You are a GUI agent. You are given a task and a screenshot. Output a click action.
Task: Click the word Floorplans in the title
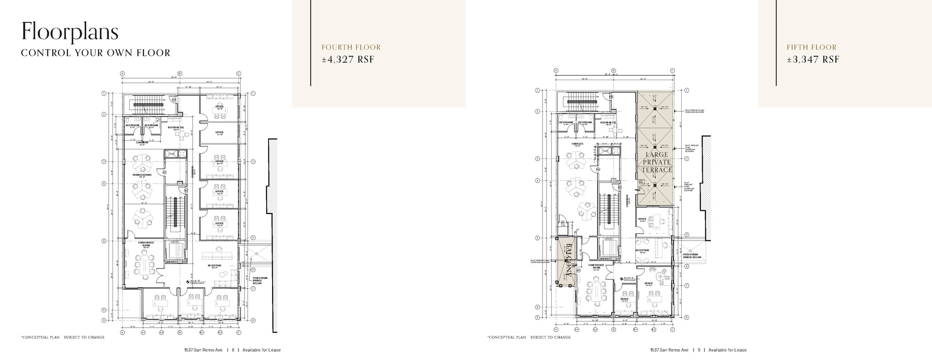[70, 31]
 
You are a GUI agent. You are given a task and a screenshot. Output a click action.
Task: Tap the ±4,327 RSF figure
[348, 59]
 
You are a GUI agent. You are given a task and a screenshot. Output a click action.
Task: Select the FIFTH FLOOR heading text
[811, 47]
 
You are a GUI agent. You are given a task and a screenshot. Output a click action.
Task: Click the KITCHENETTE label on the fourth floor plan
[176, 127]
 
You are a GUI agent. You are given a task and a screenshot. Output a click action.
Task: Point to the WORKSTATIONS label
[142, 175]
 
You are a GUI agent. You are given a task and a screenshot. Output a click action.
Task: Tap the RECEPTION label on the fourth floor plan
[214, 265]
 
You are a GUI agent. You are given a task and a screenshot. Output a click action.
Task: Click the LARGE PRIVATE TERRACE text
[656, 162]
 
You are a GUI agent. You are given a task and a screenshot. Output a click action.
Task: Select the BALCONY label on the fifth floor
[568, 260]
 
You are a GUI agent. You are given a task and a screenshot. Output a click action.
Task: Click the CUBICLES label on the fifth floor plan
[577, 144]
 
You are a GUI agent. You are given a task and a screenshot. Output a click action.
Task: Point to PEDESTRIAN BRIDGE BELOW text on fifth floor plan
[692, 256]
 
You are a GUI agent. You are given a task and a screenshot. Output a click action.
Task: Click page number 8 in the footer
[233, 350]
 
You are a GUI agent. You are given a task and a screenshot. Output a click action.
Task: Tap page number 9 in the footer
[699, 350]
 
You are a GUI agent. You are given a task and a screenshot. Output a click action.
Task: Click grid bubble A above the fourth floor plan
[122, 73]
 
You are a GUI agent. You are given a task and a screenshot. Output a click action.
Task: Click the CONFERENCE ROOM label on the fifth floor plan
[596, 266]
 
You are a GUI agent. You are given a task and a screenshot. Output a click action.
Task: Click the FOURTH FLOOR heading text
[351, 47]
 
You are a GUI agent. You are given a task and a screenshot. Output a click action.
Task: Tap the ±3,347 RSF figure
[813, 59]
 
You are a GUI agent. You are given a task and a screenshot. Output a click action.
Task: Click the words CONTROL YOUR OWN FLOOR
[96, 53]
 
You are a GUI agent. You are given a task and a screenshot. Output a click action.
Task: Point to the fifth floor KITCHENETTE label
[608, 122]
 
